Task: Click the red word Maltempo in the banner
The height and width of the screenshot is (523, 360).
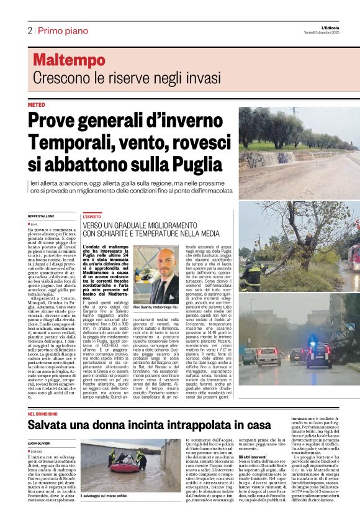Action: pos(69,60)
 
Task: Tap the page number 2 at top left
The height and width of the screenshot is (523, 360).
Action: pos(29,30)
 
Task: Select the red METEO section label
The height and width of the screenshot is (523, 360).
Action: pos(37,105)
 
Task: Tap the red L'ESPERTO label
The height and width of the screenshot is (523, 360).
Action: pos(92,217)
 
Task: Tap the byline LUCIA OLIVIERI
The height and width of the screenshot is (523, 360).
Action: pos(40,442)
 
